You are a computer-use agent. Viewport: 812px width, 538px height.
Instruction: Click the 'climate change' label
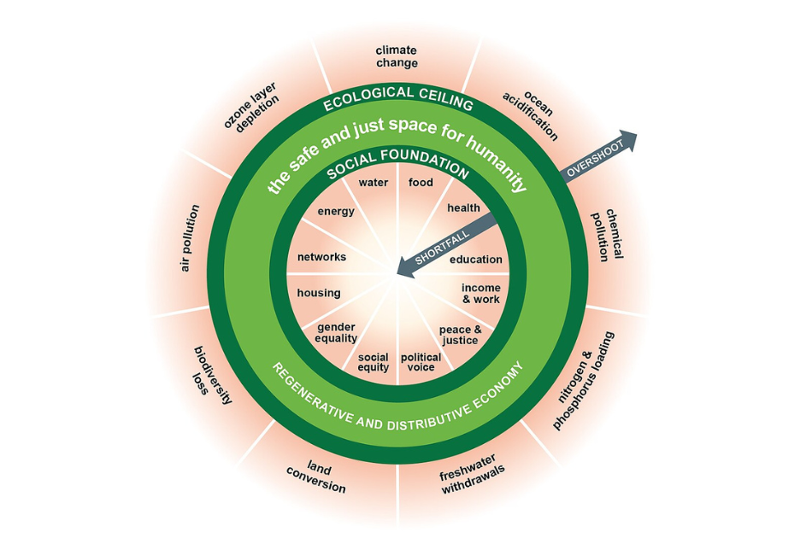(397, 56)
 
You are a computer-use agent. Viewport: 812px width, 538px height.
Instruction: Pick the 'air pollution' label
(190, 238)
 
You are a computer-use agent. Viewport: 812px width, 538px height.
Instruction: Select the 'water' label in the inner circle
(373, 183)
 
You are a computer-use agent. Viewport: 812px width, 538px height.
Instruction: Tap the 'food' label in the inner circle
(421, 183)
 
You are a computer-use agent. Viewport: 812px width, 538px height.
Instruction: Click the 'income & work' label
(480, 294)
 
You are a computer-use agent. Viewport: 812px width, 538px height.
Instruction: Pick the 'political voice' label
(421, 362)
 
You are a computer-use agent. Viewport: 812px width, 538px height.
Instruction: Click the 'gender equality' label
(336, 332)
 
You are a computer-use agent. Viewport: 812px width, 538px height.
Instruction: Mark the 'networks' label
(321, 257)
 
